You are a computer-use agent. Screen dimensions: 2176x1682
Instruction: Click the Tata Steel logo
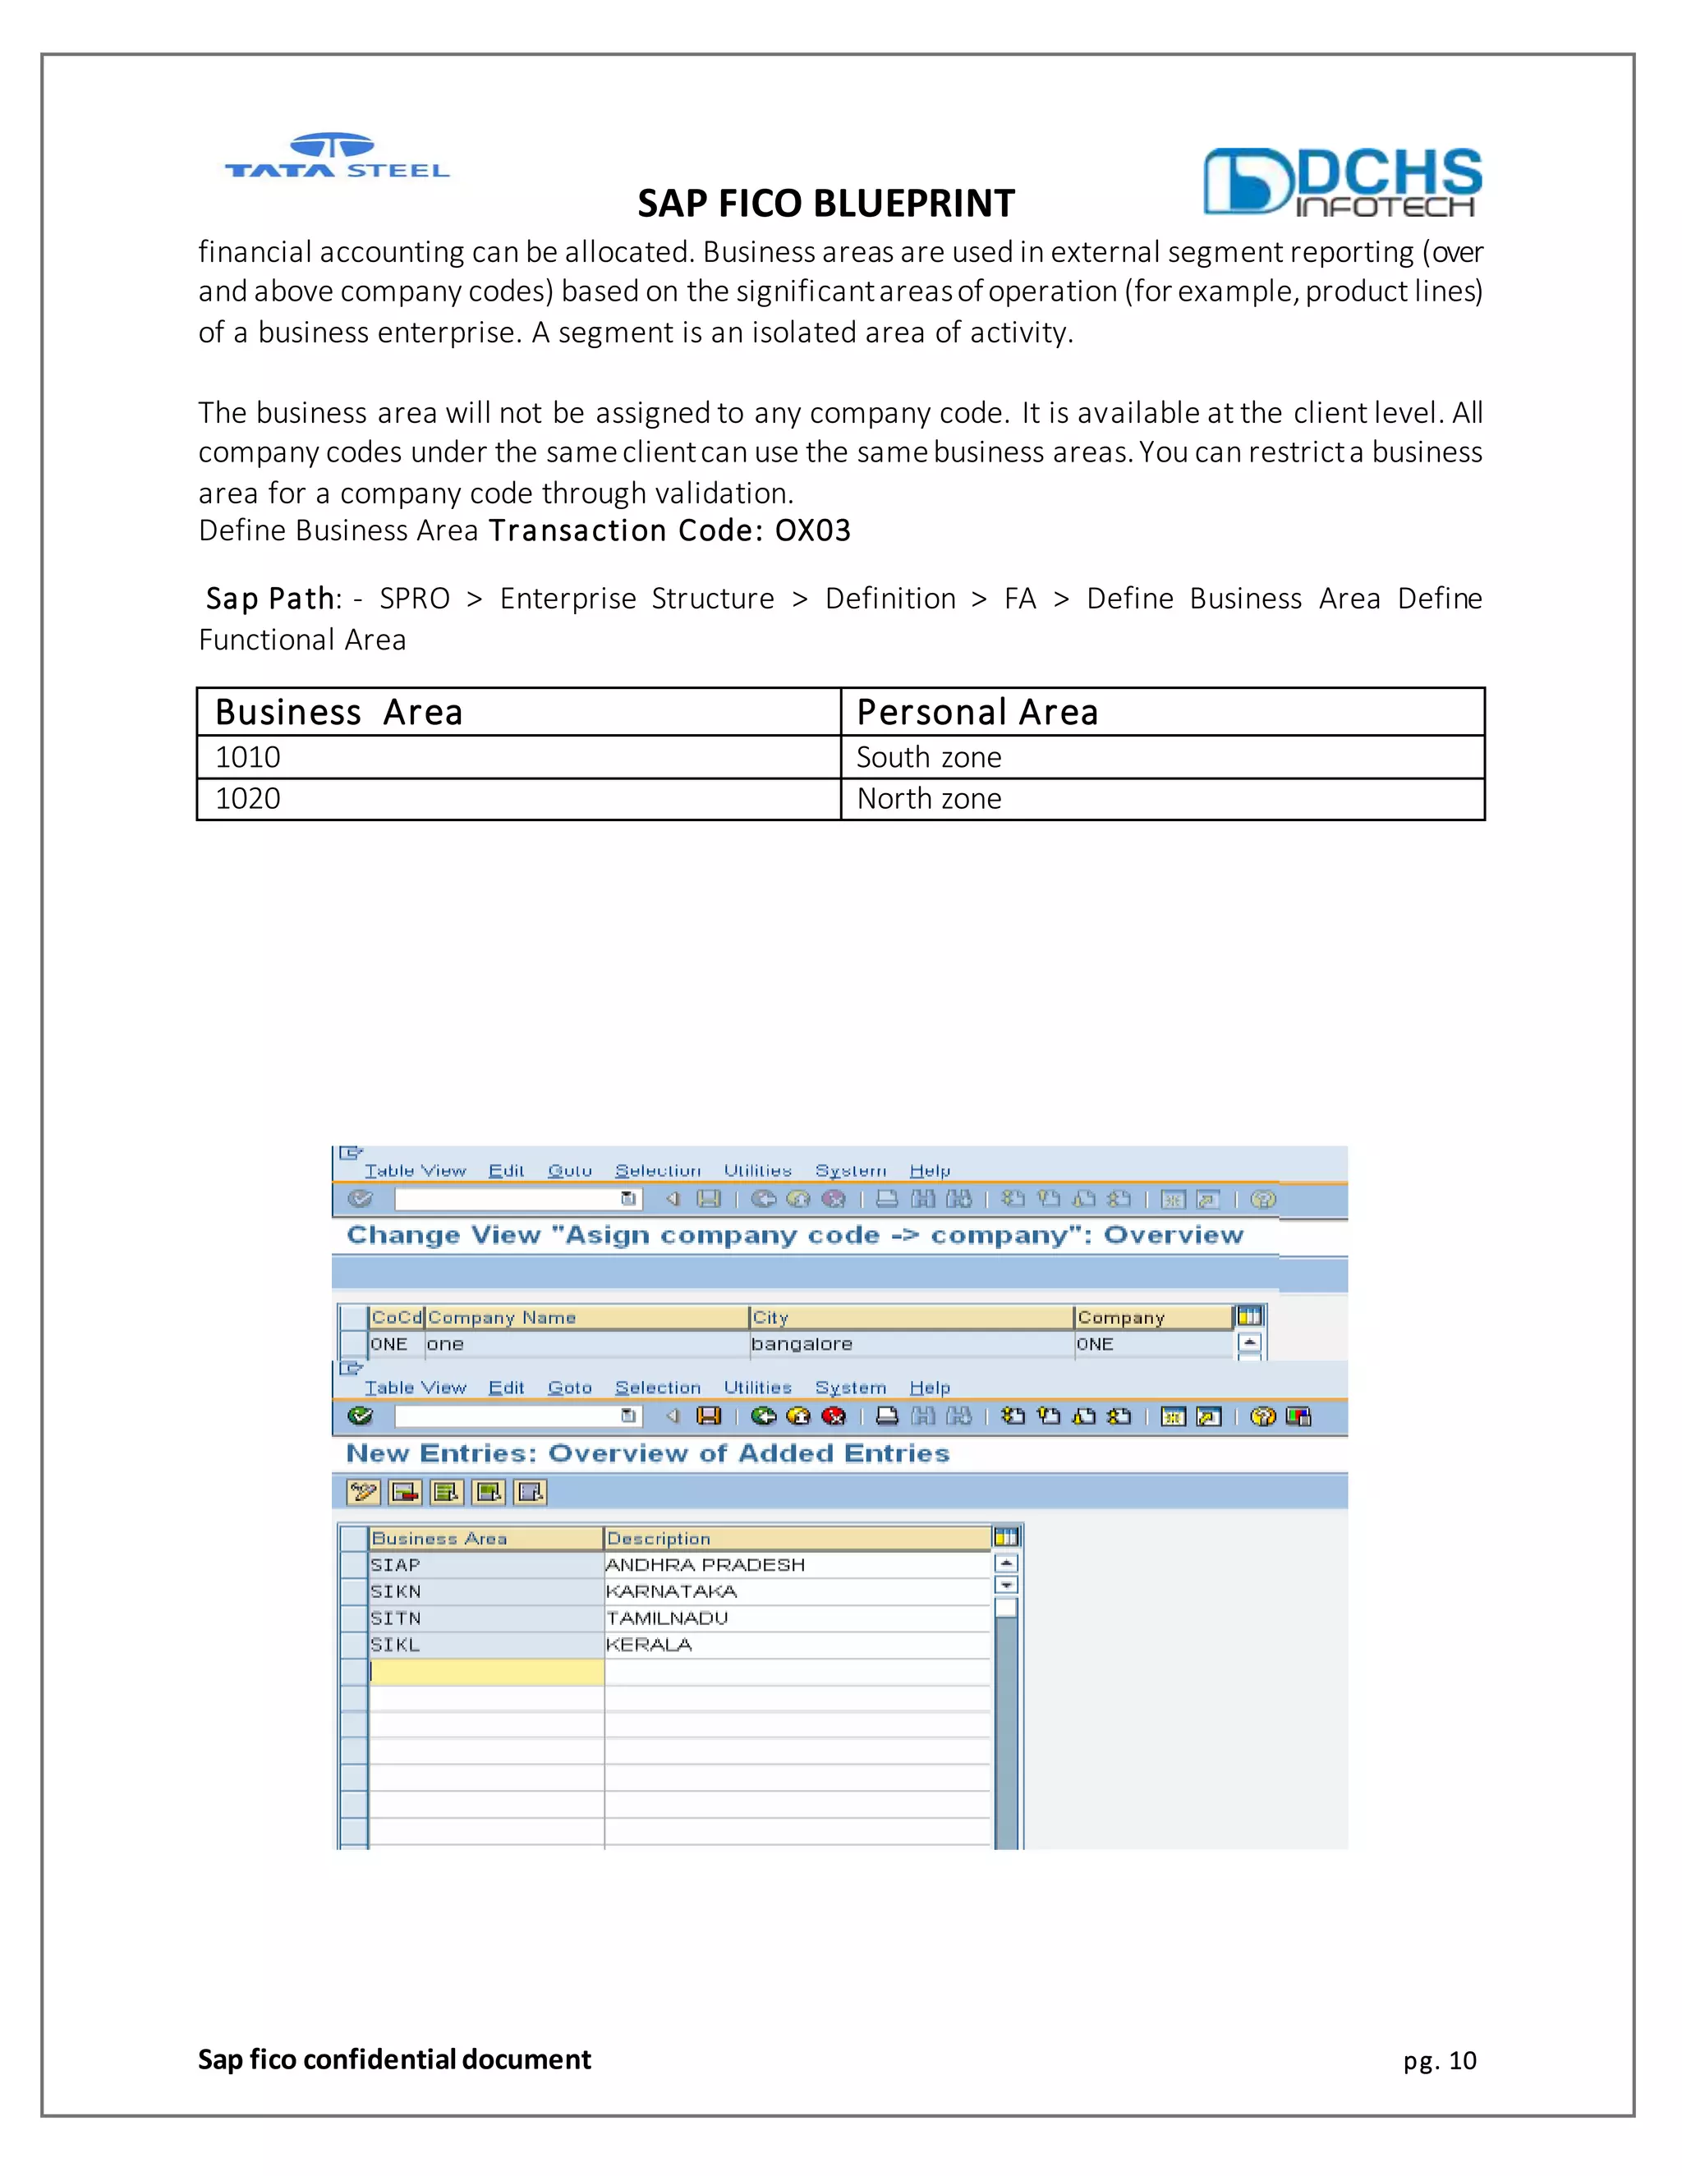point(337,158)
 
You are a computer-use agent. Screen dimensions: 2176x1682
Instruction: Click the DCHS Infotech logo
point(1341,182)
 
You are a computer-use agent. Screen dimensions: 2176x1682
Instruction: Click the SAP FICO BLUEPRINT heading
point(825,204)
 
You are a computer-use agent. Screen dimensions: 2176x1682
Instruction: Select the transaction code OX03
point(812,530)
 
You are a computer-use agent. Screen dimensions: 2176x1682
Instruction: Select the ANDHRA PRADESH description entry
point(705,1565)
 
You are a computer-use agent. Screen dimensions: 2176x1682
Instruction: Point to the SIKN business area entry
point(396,1592)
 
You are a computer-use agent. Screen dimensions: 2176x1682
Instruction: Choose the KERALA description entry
point(649,1645)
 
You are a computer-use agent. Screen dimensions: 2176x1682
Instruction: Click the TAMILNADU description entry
point(667,1618)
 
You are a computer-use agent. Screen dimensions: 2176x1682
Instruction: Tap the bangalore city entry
point(801,1344)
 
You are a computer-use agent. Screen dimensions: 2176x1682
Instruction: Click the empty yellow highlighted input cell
point(486,1672)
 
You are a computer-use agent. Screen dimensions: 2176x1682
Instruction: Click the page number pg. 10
point(1440,2059)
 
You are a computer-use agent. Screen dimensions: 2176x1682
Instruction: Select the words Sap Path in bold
point(269,599)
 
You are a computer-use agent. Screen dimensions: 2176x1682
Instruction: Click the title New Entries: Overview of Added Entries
point(648,1453)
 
